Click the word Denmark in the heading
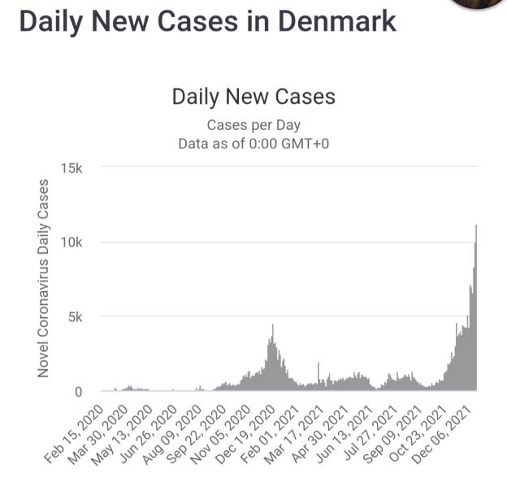(x=336, y=21)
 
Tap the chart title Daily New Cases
(x=253, y=97)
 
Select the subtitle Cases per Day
(x=253, y=125)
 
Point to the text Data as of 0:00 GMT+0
(x=253, y=144)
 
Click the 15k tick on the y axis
(x=72, y=168)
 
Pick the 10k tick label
(x=72, y=243)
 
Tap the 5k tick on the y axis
(x=76, y=317)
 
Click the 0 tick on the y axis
(x=80, y=392)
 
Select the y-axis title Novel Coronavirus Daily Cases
(x=43, y=277)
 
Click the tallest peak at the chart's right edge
(x=475, y=226)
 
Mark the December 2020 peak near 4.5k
(x=272, y=326)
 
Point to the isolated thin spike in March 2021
(x=318, y=364)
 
